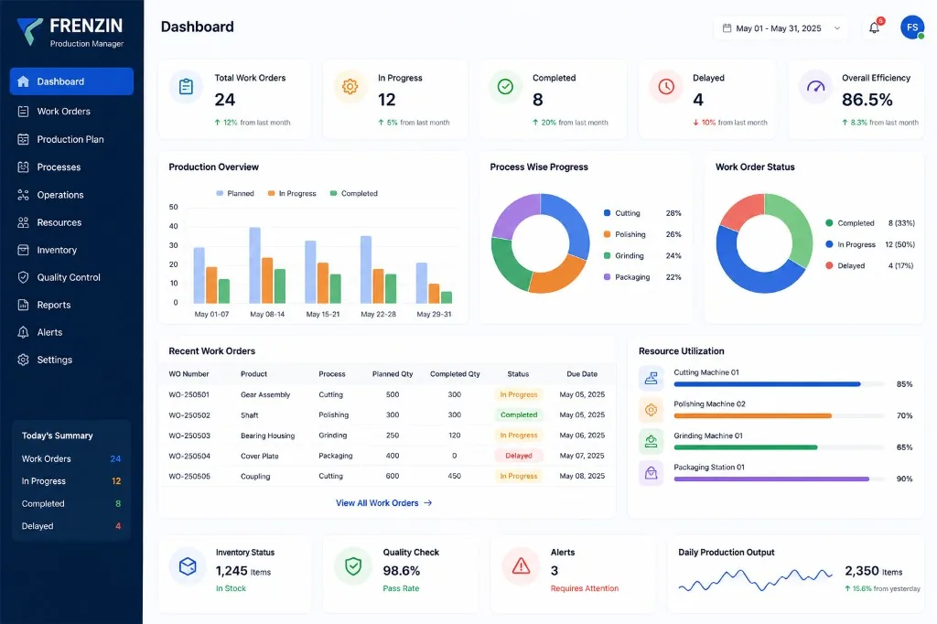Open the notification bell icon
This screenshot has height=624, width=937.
(x=874, y=28)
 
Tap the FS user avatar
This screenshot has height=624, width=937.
(x=912, y=27)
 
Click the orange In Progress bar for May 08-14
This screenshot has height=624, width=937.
(x=267, y=280)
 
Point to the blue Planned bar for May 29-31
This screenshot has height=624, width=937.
(x=422, y=283)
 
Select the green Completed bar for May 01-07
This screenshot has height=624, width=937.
(x=224, y=291)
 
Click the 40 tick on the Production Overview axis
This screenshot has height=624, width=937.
(x=173, y=226)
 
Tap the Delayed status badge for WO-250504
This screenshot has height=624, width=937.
(x=519, y=456)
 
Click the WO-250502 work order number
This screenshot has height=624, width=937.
(x=188, y=414)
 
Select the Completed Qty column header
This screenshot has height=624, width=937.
(x=455, y=374)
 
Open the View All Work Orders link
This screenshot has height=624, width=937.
(x=383, y=503)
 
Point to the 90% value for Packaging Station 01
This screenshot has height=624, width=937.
(x=904, y=479)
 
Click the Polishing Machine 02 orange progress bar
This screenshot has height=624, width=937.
(x=752, y=415)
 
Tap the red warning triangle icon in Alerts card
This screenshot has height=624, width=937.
(x=521, y=565)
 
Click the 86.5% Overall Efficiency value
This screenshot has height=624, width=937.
(x=867, y=99)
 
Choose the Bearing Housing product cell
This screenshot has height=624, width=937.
(x=268, y=436)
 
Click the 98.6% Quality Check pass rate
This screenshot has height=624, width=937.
(x=402, y=571)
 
